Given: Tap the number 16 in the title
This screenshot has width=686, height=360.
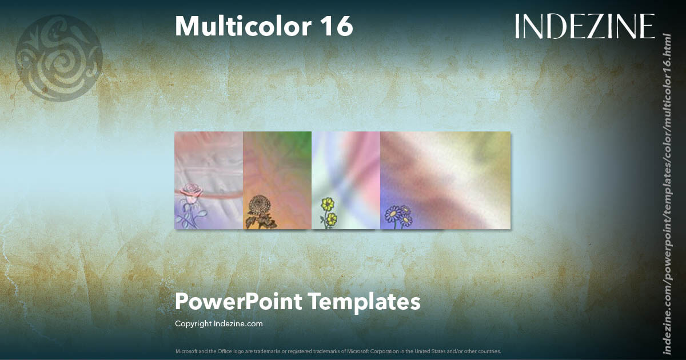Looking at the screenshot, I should [337, 26].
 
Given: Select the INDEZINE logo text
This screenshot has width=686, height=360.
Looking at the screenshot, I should [584, 26].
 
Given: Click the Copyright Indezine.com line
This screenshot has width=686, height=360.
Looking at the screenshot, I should [218, 324].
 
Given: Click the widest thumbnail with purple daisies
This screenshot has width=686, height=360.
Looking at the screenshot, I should [445, 180].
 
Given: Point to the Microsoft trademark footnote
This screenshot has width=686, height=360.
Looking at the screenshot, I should [338, 351].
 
